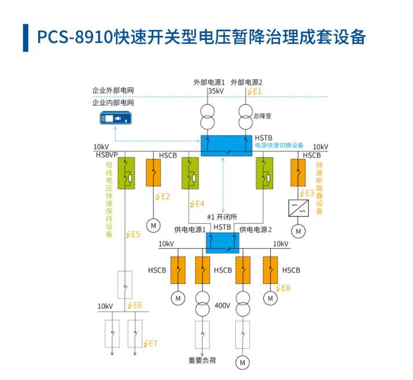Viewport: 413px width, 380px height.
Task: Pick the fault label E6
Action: click(x=135, y=305)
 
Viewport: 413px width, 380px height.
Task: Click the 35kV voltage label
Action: click(x=216, y=91)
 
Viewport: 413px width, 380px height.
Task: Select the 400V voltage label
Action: click(x=223, y=305)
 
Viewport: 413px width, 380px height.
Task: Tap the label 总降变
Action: click(x=262, y=116)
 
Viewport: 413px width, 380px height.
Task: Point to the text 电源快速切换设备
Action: click(x=279, y=145)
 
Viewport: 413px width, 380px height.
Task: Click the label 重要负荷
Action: click(x=202, y=360)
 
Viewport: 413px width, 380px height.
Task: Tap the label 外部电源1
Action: click(x=209, y=82)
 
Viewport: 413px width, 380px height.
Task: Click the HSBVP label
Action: click(x=107, y=155)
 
